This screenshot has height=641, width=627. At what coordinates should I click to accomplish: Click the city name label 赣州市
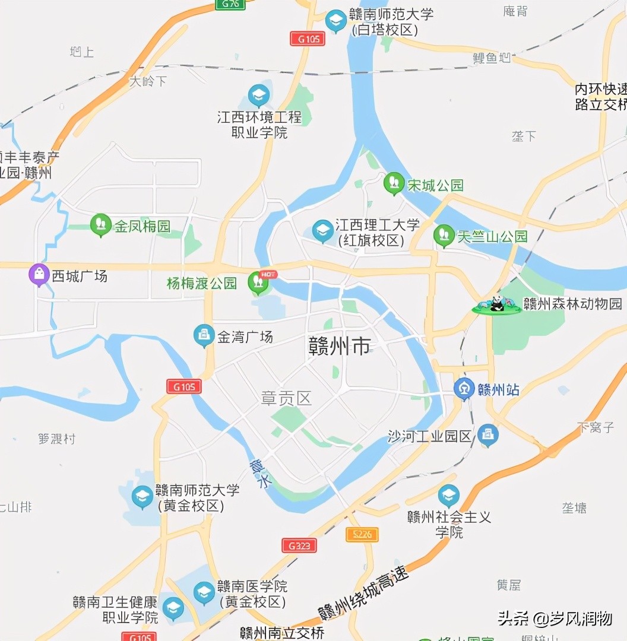coord(340,347)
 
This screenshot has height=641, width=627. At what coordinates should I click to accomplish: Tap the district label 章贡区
coord(287,398)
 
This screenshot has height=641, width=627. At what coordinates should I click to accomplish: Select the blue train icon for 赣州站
coord(464,389)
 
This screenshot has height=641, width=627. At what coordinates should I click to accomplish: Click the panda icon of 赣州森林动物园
coord(496,305)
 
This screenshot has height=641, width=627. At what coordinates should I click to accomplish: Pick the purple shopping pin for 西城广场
coord(39,274)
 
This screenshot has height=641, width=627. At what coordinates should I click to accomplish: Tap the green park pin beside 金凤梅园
coord(101,224)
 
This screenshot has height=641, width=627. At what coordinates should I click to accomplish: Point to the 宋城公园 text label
coord(435,185)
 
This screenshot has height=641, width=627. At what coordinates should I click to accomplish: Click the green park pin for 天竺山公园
coord(444,235)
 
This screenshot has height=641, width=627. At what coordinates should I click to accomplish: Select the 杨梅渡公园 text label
coord(202,283)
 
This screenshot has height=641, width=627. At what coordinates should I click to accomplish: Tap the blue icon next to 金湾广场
coord(204,336)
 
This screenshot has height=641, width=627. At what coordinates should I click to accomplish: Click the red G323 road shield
coord(299,545)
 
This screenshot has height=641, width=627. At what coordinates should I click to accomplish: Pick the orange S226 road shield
coord(362,534)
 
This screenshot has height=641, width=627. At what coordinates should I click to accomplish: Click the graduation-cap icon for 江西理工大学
coord(323,231)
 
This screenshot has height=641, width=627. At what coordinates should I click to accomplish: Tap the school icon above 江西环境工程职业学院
coord(258,95)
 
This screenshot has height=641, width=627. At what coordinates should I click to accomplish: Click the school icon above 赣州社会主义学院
coord(449,496)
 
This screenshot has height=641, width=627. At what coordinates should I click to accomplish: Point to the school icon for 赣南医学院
coord(204,593)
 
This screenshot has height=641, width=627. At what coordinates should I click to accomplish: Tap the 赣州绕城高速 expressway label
coord(364,593)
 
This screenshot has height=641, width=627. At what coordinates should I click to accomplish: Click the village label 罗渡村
coord(57,439)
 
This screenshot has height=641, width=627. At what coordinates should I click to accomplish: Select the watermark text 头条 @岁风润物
coord(555,618)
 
